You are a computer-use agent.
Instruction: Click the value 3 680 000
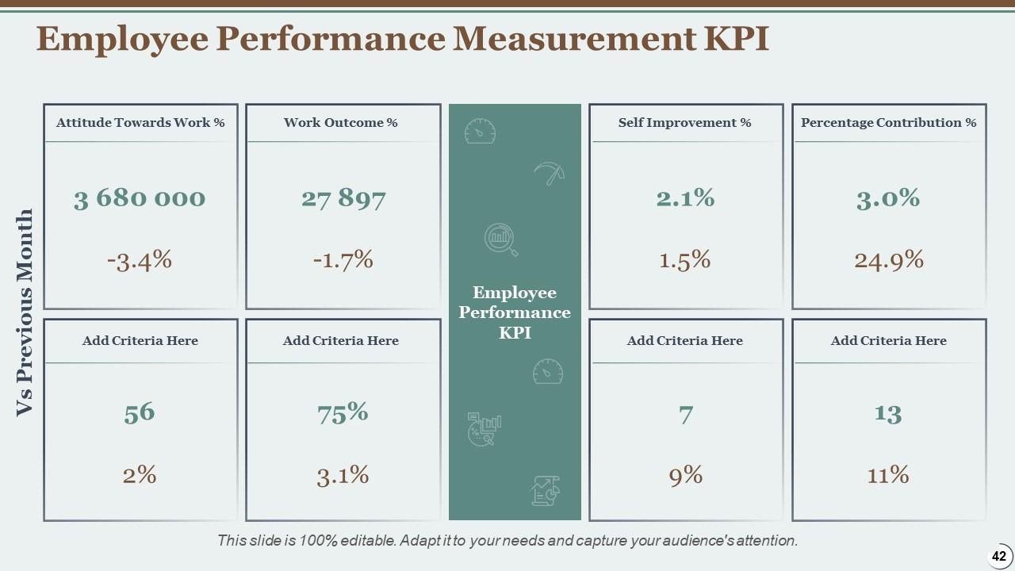click(140, 198)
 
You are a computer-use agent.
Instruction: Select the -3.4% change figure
click(140, 259)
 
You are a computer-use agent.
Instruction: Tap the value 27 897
click(343, 198)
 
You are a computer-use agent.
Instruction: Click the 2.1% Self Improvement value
click(685, 197)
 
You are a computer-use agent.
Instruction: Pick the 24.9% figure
click(889, 259)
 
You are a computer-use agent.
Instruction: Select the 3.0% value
click(888, 197)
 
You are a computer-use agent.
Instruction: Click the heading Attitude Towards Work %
click(140, 123)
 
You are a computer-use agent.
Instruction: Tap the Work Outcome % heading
click(341, 123)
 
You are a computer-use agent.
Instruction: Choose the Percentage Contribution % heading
click(888, 123)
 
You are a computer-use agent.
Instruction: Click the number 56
click(140, 413)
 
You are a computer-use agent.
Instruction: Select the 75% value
click(343, 412)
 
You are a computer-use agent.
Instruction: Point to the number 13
click(888, 413)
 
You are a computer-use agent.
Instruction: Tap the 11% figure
click(888, 475)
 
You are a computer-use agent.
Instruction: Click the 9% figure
click(685, 475)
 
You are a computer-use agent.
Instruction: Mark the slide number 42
click(998, 557)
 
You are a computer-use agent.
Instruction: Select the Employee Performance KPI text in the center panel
click(515, 312)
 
